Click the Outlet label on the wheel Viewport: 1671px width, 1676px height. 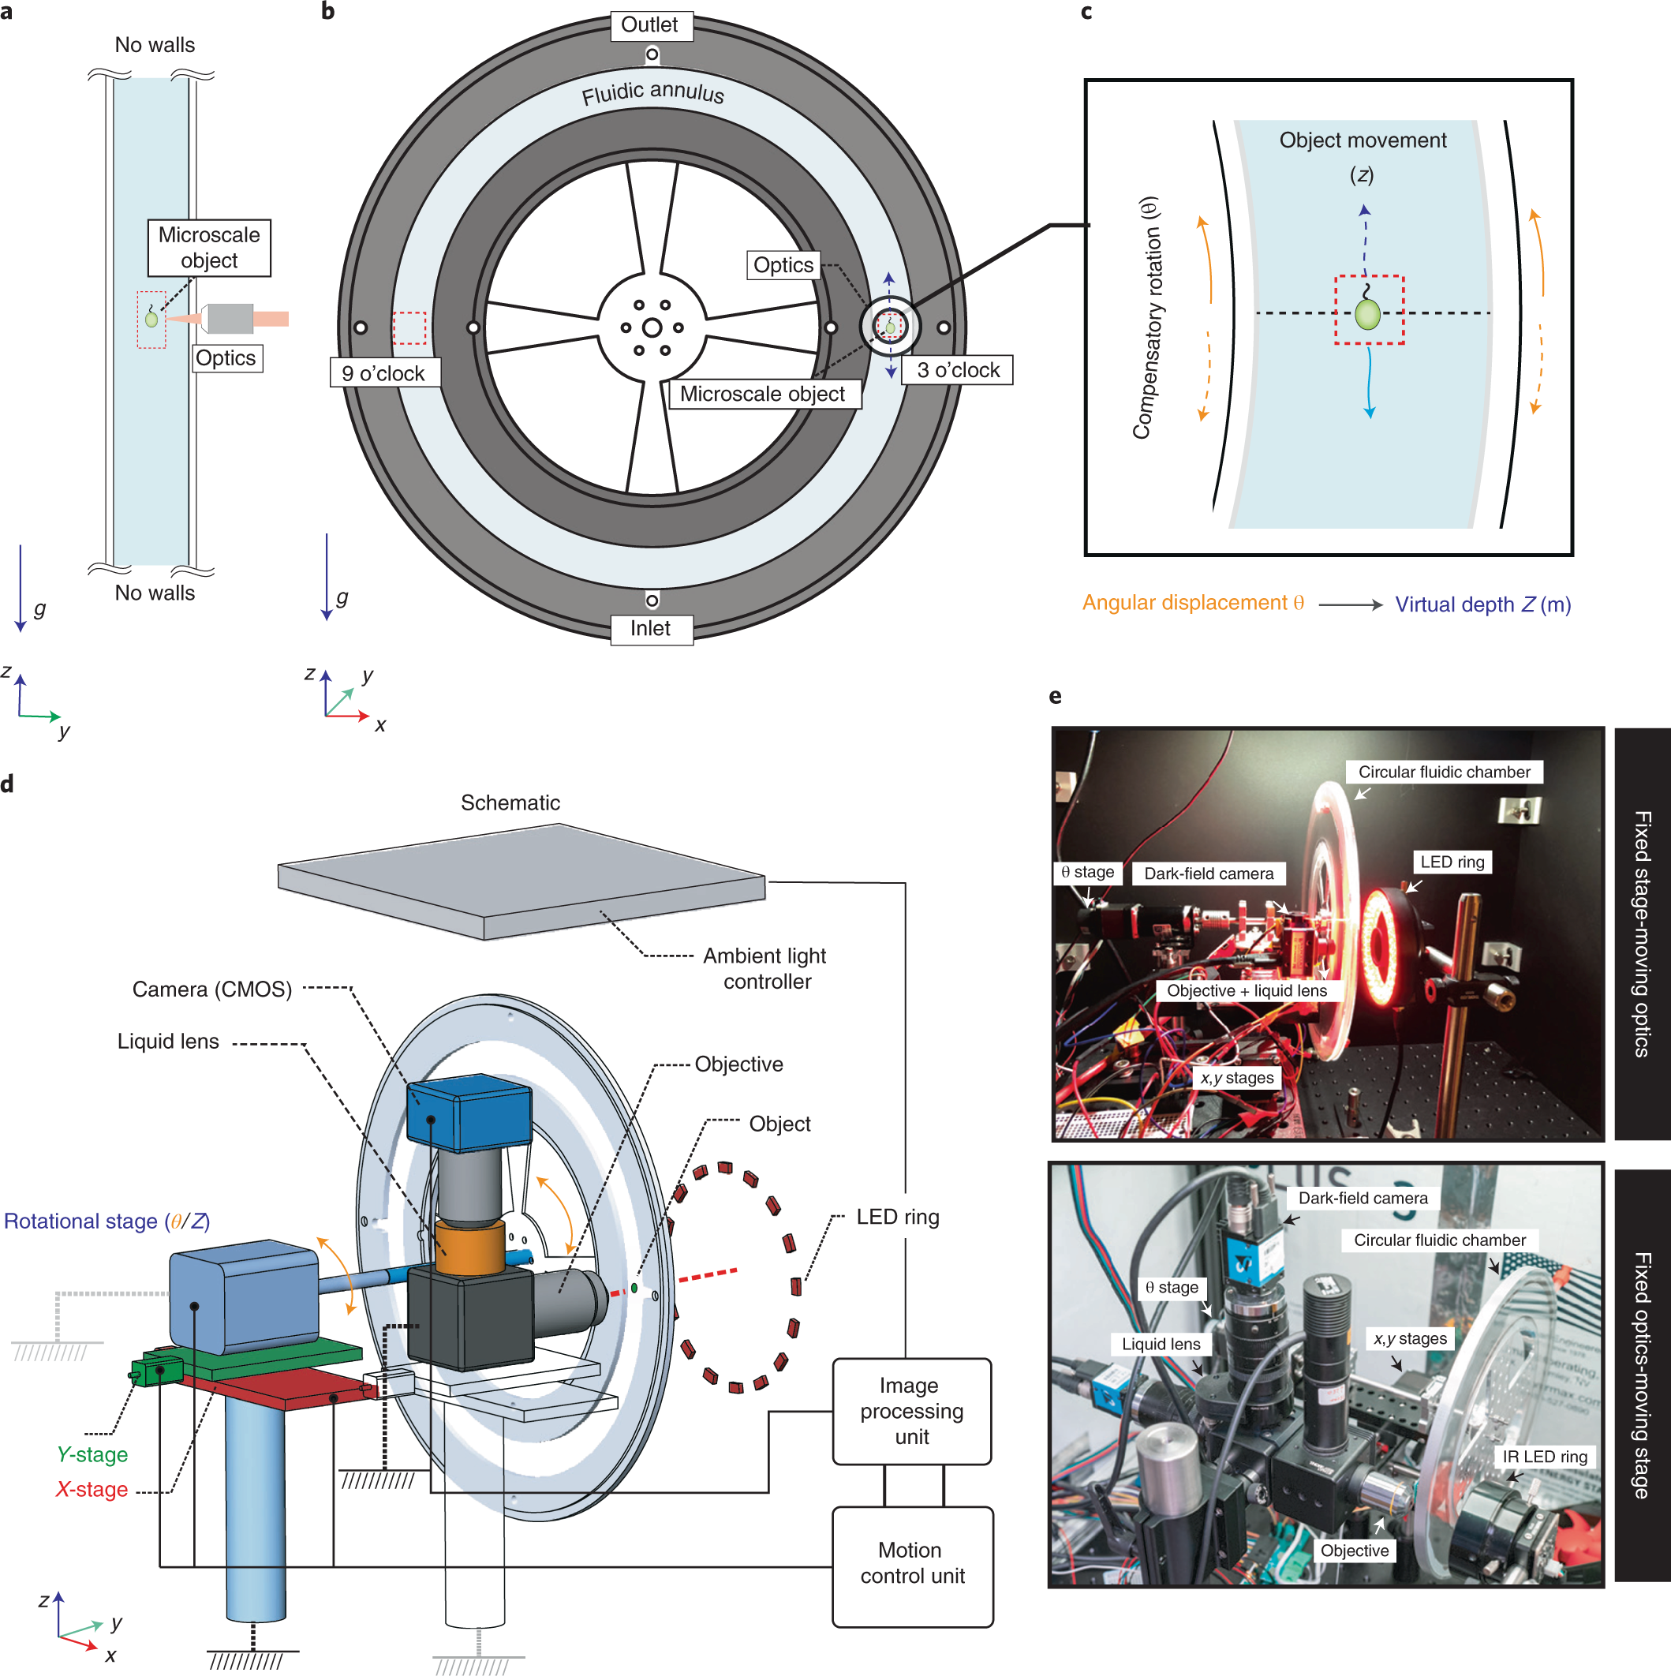pyautogui.click(x=650, y=25)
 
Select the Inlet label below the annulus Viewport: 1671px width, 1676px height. pyautogui.click(x=650, y=629)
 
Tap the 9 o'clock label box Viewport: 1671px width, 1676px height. pyautogui.click(x=384, y=373)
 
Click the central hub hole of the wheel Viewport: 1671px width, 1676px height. pyautogui.click(x=652, y=328)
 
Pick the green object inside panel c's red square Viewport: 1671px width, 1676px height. pyautogui.click(x=1367, y=314)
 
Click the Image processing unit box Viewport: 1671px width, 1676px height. pyautogui.click(x=911, y=1411)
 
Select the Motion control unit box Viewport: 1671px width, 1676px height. pyautogui.click(x=912, y=1563)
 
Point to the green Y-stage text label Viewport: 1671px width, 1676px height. pyautogui.click(x=92, y=1455)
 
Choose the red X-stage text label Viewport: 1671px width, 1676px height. pyautogui.click(x=92, y=1490)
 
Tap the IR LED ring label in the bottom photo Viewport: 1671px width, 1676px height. pyautogui.click(x=1546, y=1457)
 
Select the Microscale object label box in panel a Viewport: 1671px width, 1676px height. pyautogui.click(x=209, y=248)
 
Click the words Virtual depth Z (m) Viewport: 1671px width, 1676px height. pyautogui.click(x=1482, y=604)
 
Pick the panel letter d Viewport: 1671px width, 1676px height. pyautogui.click(x=8, y=784)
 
